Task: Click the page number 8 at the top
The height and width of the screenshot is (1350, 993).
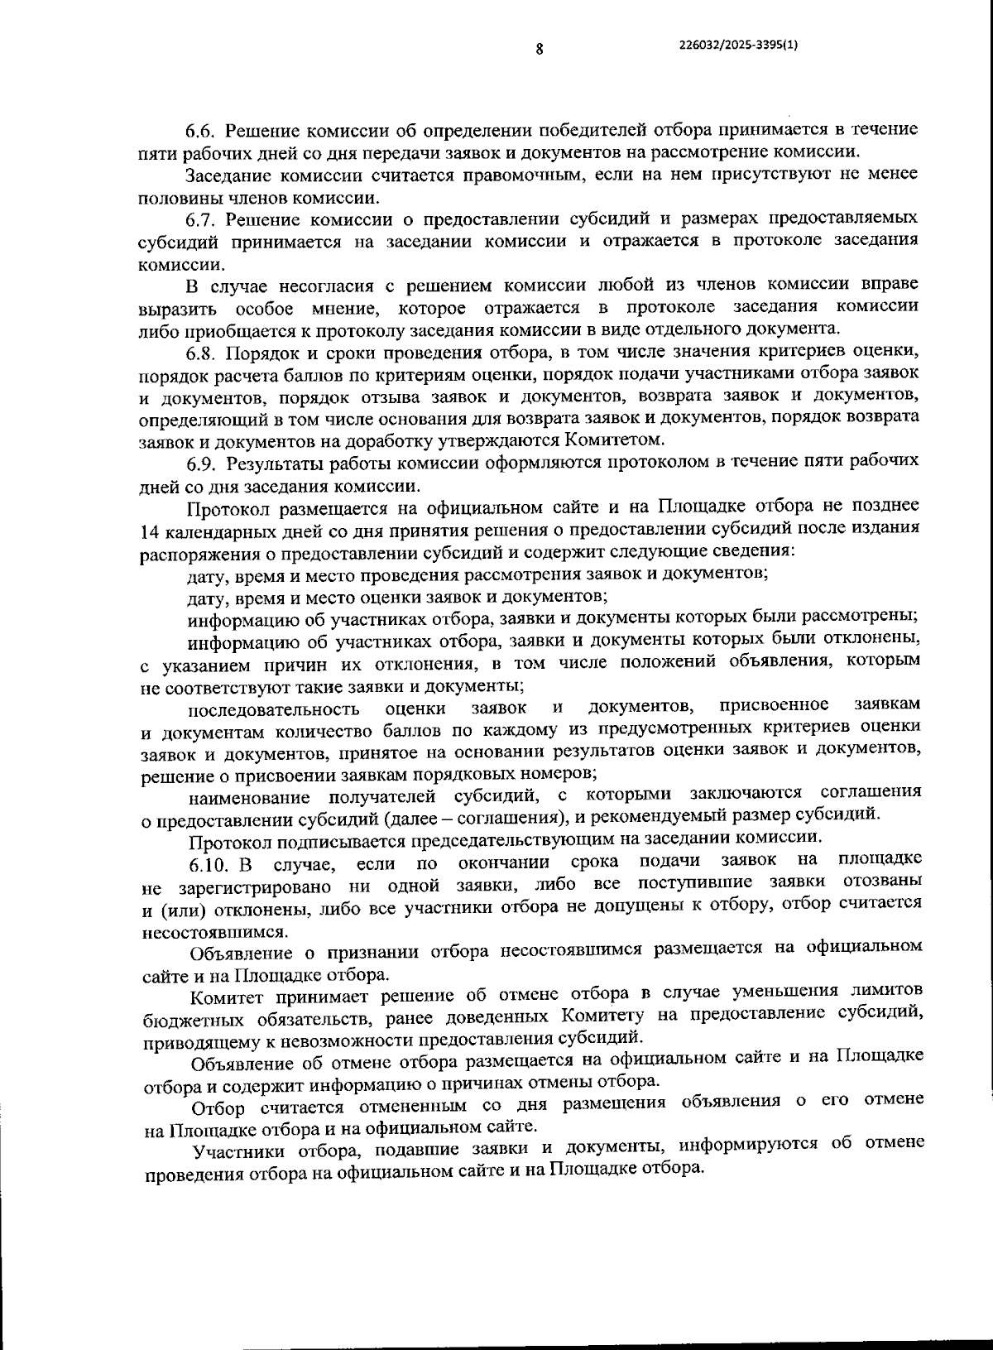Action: [x=539, y=48]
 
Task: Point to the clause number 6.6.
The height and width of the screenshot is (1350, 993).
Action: [x=200, y=131]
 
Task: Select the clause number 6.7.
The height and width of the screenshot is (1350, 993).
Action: [x=200, y=219]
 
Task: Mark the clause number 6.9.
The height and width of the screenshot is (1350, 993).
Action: [x=202, y=463]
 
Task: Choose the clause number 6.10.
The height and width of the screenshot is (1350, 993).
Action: [x=206, y=866]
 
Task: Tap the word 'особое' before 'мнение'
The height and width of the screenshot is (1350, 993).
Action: [x=264, y=309]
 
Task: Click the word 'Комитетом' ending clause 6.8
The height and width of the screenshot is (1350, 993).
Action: [x=614, y=440]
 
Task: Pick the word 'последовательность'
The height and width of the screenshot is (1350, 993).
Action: [x=274, y=709]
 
